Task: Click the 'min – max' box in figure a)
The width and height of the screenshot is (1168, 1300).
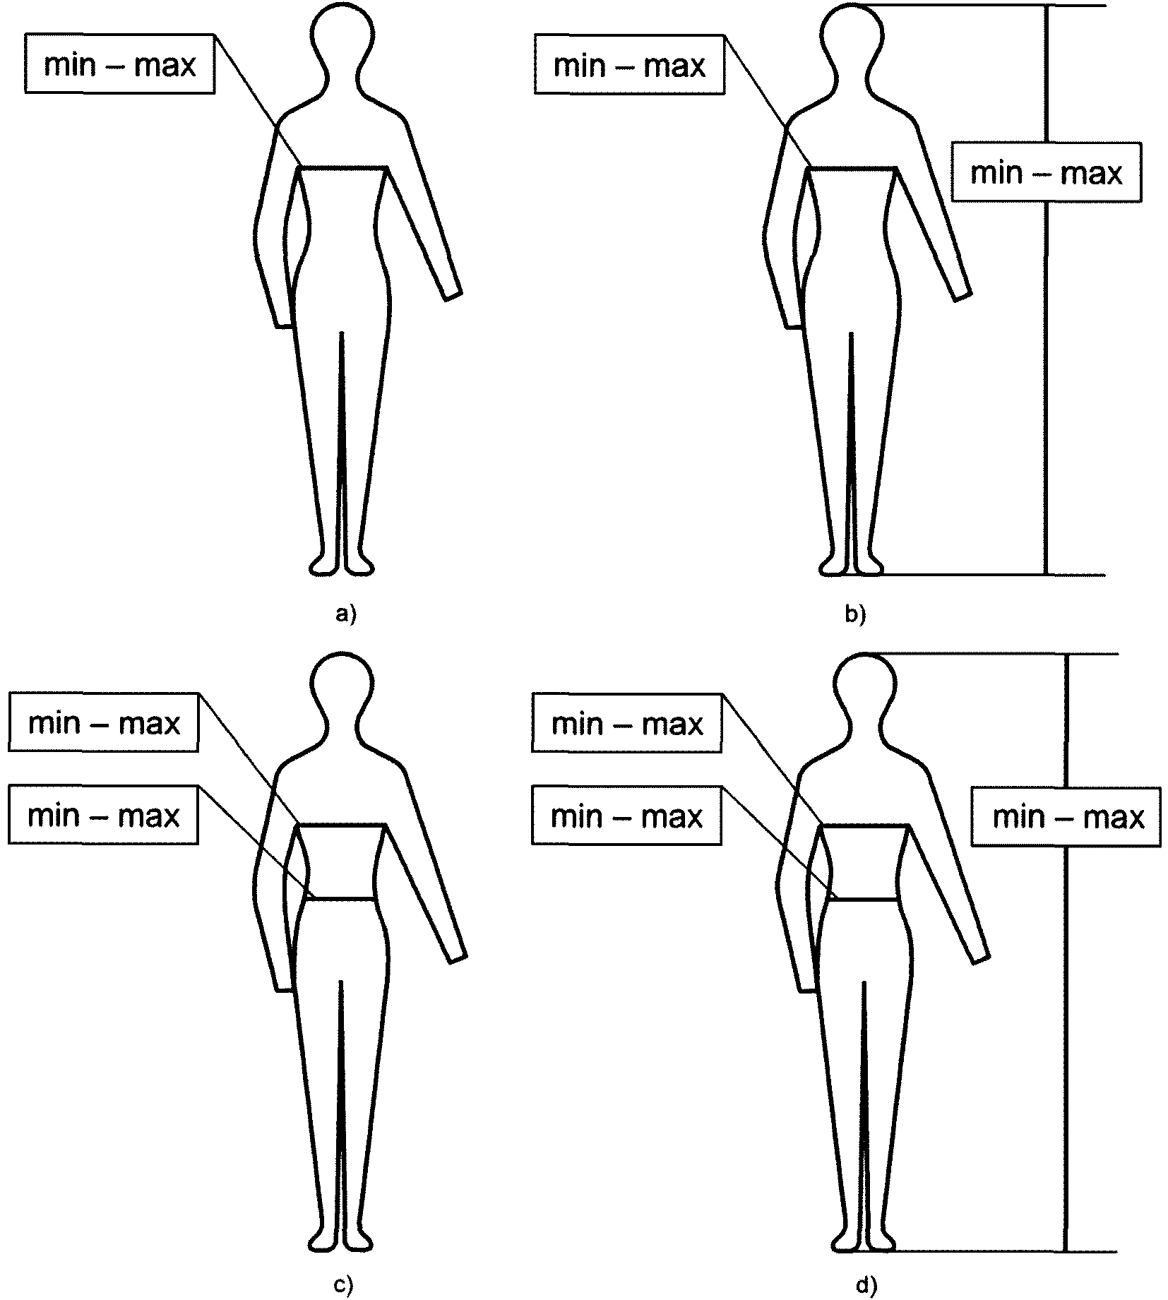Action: click(x=119, y=64)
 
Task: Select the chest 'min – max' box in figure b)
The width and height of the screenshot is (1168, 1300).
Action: click(x=629, y=65)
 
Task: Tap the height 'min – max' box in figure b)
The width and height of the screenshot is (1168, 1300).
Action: click(x=1046, y=172)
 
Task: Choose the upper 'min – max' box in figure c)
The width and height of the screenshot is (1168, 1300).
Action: click(x=104, y=722)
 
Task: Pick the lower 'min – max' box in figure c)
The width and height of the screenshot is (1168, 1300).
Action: click(x=104, y=816)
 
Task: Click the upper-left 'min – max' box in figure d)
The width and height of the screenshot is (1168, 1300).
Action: click(x=627, y=723)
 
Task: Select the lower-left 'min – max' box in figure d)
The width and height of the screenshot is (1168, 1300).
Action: click(x=627, y=816)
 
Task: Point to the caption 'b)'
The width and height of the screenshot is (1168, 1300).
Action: click(x=855, y=615)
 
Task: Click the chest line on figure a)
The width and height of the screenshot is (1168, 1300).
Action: click(x=345, y=168)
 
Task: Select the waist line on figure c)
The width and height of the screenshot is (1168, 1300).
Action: click(x=342, y=899)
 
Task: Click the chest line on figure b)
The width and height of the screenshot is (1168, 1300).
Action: click(x=852, y=168)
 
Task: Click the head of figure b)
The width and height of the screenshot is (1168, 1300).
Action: click(x=852, y=34)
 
